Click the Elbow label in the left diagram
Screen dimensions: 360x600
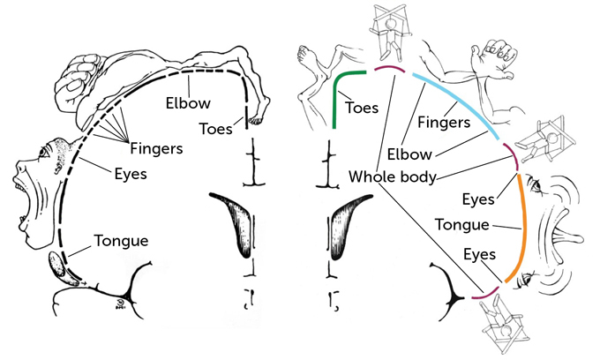tap(187, 102)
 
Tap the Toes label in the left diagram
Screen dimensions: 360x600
tap(215, 128)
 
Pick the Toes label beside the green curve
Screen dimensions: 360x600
tap(363, 108)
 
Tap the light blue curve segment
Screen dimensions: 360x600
tap(459, 102)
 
